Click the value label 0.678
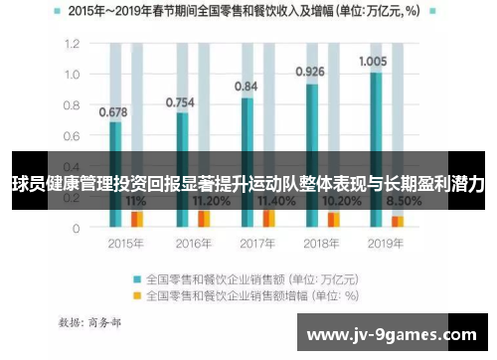[112, 111]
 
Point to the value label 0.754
[179, 101]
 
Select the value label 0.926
[311, 72]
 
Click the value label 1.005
[373, 61]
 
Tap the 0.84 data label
[246, 87]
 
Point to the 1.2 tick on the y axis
[72, 45]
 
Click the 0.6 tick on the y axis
[72, 136]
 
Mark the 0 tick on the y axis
[76, 228]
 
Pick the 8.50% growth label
[407, 201]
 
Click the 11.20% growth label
[211, 201]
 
